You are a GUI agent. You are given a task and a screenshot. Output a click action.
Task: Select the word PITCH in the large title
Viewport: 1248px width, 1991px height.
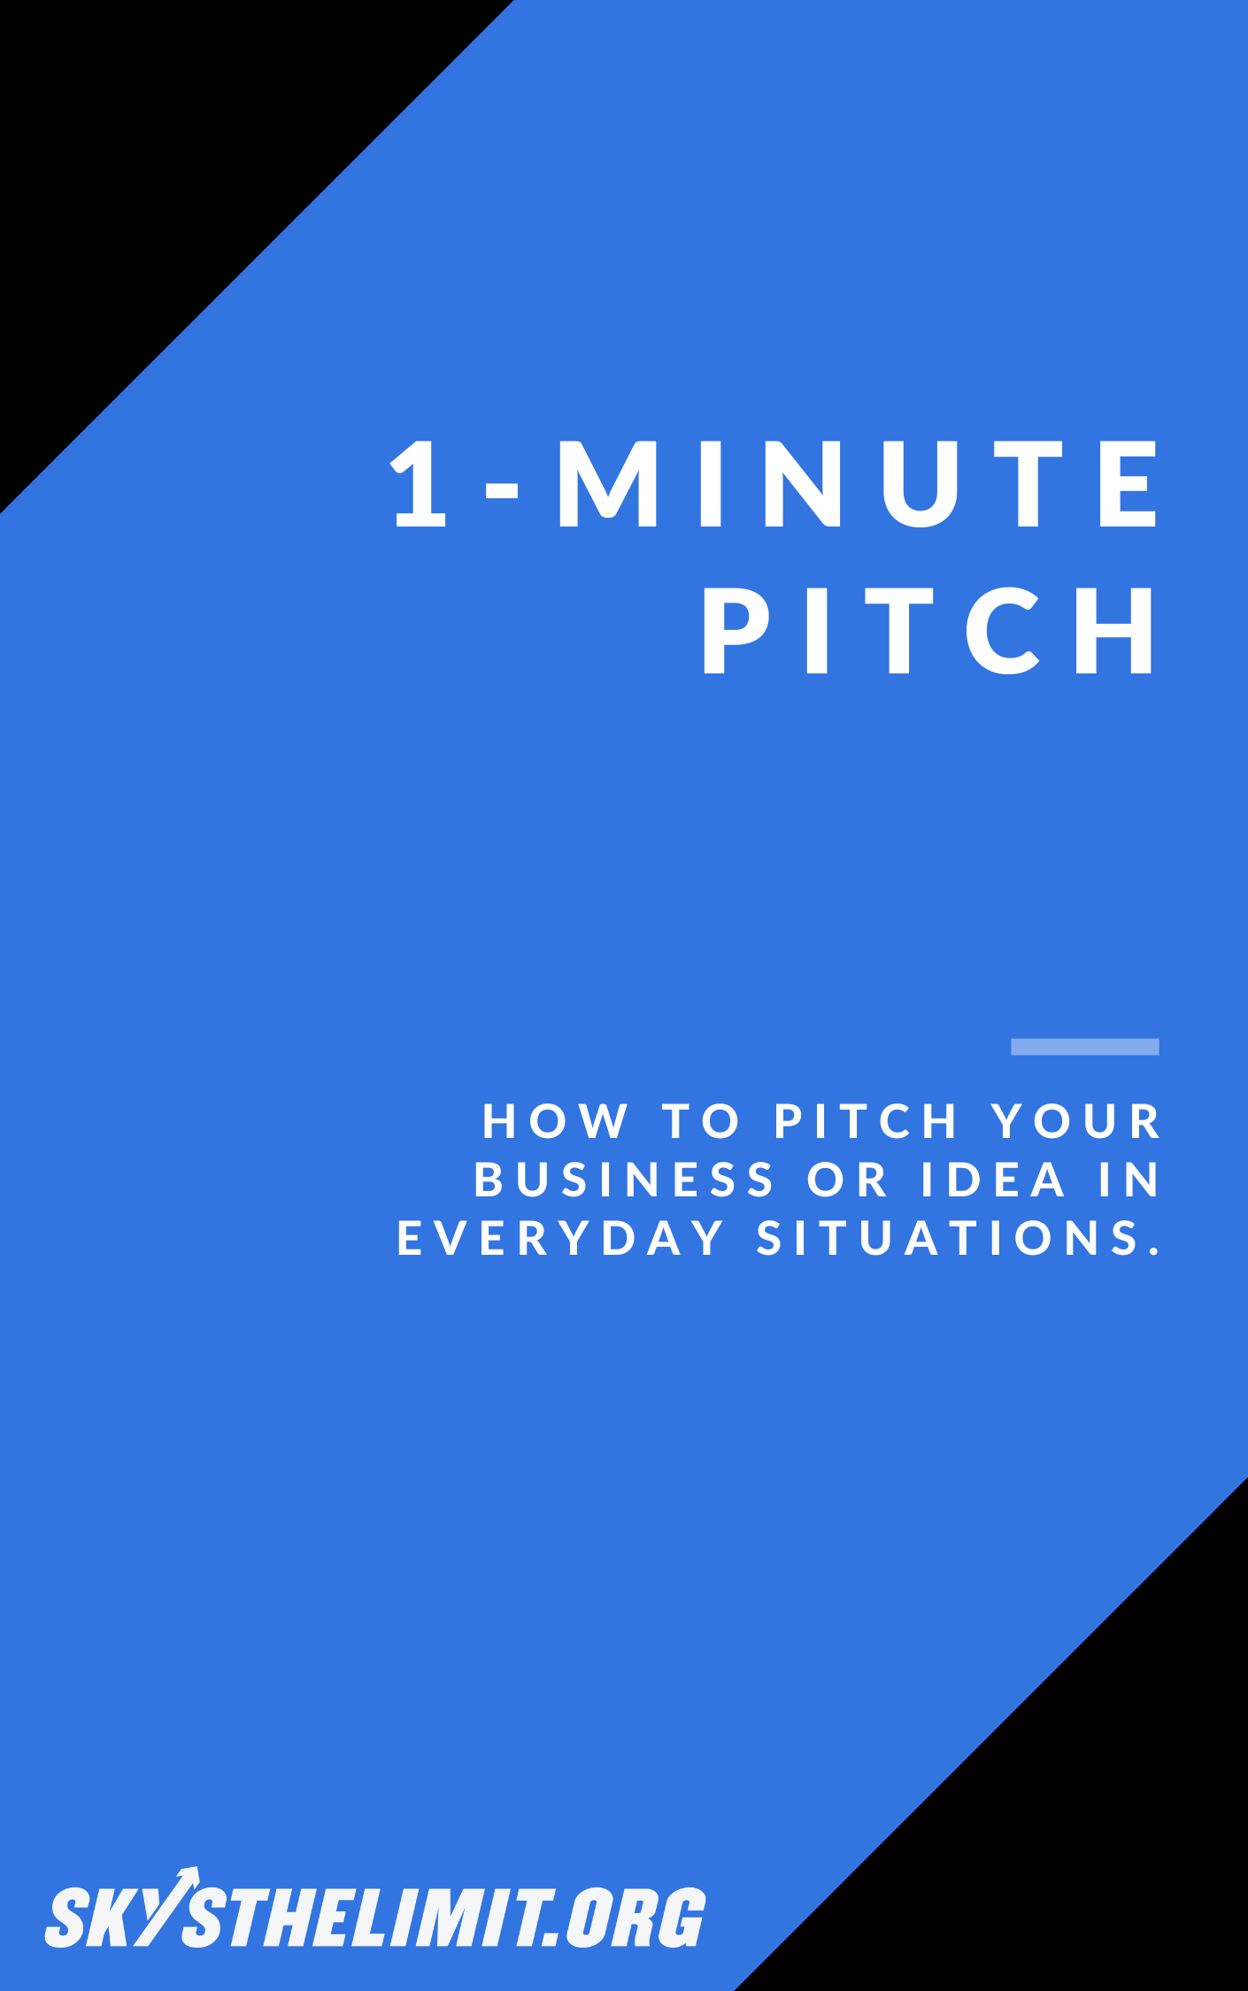click(929, 630)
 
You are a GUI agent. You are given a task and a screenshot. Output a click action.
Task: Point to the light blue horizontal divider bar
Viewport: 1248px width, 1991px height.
click(1084, 1047)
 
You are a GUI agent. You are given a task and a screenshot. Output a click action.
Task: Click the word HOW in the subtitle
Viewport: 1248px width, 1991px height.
click(556, 1122)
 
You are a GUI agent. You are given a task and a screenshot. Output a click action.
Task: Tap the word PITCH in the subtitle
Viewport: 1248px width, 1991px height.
click(867, 1122)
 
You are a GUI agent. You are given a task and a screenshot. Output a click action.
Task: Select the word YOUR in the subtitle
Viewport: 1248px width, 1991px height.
click(1075, 1122)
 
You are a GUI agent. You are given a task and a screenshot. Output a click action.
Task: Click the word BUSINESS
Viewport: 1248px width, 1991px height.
click(624, 1180)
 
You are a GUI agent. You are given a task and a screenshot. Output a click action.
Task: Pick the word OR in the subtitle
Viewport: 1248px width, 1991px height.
click(847, 1180)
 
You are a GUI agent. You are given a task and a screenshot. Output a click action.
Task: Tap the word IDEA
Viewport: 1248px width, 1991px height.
click(994, 1180)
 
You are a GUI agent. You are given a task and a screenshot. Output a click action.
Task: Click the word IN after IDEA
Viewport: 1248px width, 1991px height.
click(1129, 1180)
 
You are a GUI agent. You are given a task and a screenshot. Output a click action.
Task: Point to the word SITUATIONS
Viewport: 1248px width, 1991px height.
click(947, 1238)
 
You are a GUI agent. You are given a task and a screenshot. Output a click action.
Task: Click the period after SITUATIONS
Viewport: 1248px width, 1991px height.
click(1153, 1249)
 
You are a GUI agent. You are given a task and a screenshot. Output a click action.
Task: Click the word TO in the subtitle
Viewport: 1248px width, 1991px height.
click(700, 1122)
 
